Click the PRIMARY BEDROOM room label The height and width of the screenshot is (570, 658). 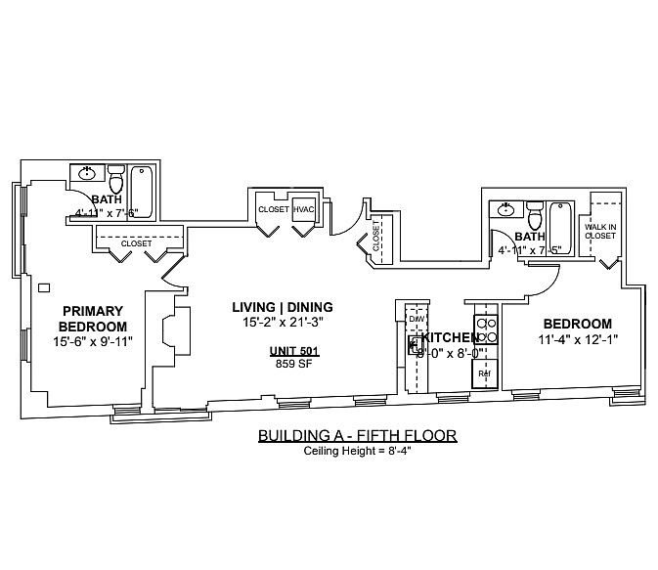click(x=93, y=319)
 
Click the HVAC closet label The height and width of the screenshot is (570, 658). click(x=303, y=209)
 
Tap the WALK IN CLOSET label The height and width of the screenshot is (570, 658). click(x=600, y=231)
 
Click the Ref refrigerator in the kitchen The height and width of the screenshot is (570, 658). click(x=484, y=373)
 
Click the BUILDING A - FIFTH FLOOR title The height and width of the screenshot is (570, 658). click(x=357, y=435)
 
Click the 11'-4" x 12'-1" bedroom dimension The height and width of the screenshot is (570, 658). click(x=577, y=339)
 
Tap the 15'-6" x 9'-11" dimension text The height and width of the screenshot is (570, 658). click(x=93, y=341)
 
